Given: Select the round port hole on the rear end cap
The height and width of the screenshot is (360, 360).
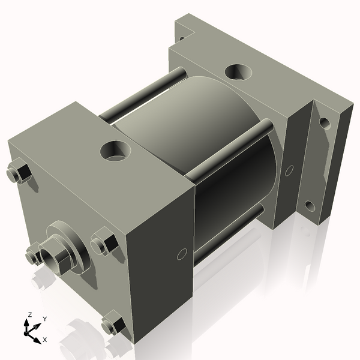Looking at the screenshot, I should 239,72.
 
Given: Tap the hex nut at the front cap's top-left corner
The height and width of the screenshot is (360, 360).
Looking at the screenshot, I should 19,173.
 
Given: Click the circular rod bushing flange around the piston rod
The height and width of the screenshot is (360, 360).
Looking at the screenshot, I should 72,243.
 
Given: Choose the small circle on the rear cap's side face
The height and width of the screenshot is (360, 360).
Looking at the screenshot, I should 290,171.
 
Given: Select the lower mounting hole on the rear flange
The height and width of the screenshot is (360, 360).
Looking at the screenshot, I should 310,206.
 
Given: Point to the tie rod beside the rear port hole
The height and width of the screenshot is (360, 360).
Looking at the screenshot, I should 144,95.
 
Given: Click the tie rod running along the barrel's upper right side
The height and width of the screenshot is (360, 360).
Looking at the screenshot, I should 228,150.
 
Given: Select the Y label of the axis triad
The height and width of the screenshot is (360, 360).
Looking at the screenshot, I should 44,319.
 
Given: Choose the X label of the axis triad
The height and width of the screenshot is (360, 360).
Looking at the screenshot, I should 44,340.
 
